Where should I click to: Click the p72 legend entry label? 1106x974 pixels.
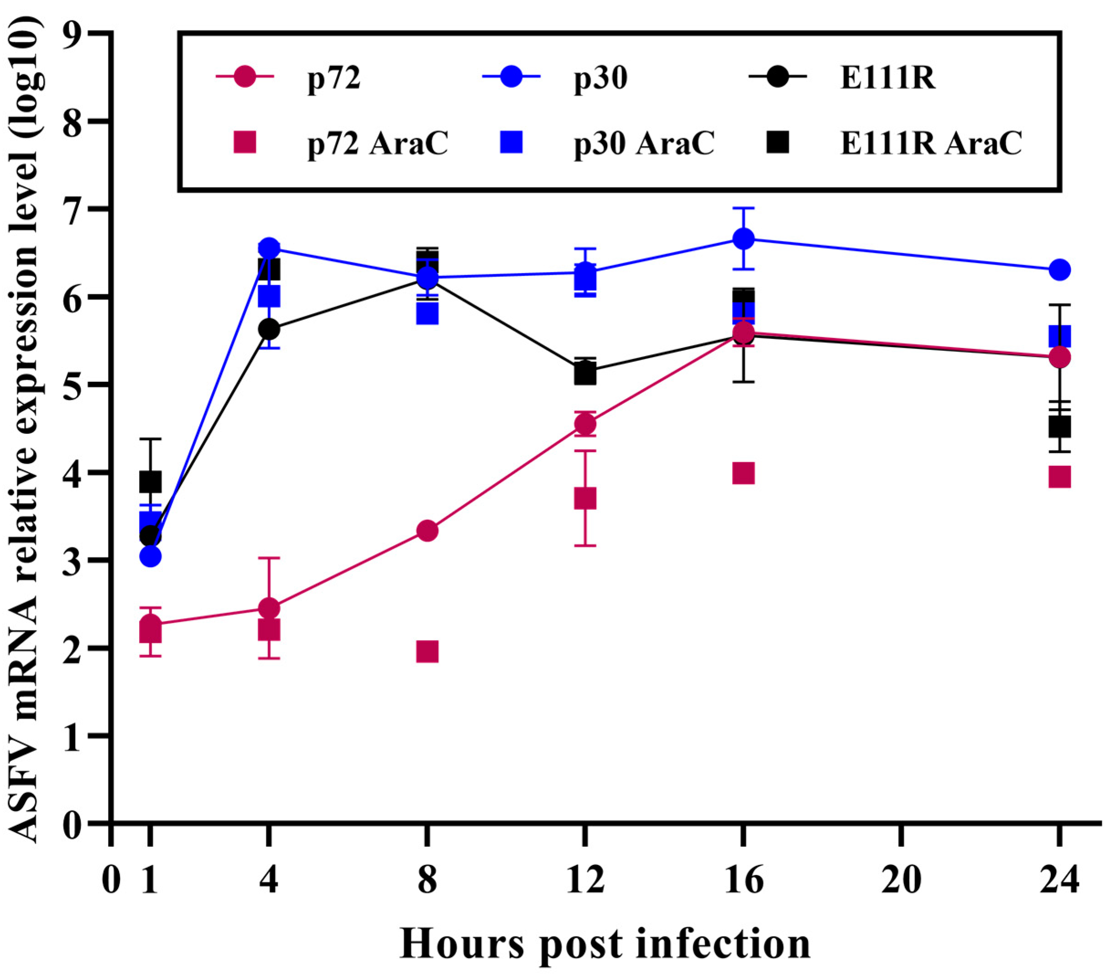click(x=334, y=78)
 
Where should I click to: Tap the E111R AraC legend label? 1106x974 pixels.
click(x=931, y=143)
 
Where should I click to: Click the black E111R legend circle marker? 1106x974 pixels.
click(x=778, y=78)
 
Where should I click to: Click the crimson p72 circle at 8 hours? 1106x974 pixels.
click(x=427, y=531)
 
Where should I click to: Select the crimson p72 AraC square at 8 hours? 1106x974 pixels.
click(x=427, y=652)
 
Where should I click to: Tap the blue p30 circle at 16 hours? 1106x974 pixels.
click(x=743, y=239)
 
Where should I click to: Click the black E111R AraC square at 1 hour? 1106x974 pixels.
click(x=151, y=481)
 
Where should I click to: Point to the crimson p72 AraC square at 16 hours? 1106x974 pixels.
click(x=743, y=474)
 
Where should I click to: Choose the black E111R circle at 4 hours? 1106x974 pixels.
click(x=269, y=328)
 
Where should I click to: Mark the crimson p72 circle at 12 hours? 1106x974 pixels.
click(x=585, y=423)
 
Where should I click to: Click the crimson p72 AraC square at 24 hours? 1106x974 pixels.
click(x=1059, y=477)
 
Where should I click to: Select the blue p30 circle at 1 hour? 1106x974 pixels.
click(x=151, y=556)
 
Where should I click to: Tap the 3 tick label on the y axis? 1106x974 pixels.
click(x=73, y=560)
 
